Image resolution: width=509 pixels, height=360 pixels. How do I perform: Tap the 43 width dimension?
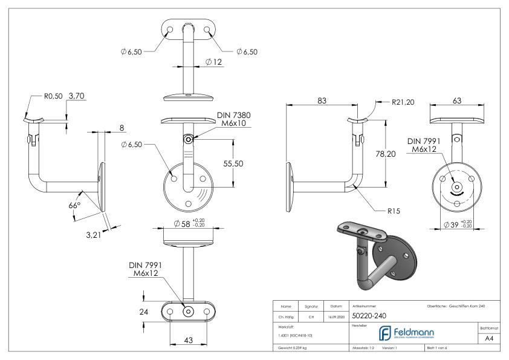[187, 341]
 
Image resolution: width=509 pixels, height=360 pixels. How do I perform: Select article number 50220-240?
[370, 315]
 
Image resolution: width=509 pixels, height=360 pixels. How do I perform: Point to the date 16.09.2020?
[337, 316]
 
